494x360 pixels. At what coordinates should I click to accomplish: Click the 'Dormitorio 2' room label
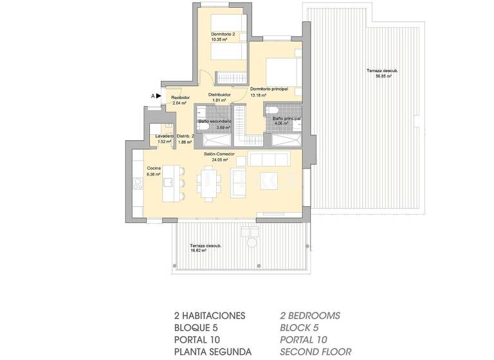click(223, 33)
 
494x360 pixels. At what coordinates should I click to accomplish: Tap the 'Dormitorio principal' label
click(268, 88)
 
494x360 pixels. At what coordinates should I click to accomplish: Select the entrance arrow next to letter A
click(158, 96)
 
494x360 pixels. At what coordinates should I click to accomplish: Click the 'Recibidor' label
click(180, 97)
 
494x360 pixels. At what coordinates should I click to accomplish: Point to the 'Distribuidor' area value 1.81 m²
click(219, 100)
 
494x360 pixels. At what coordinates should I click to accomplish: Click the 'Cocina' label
click(154, 168)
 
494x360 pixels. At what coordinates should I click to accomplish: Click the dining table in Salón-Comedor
click(208, 183)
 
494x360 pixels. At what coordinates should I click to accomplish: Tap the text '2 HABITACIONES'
click(210, 316)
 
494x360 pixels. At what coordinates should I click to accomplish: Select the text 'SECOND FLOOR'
click(315, 352)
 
